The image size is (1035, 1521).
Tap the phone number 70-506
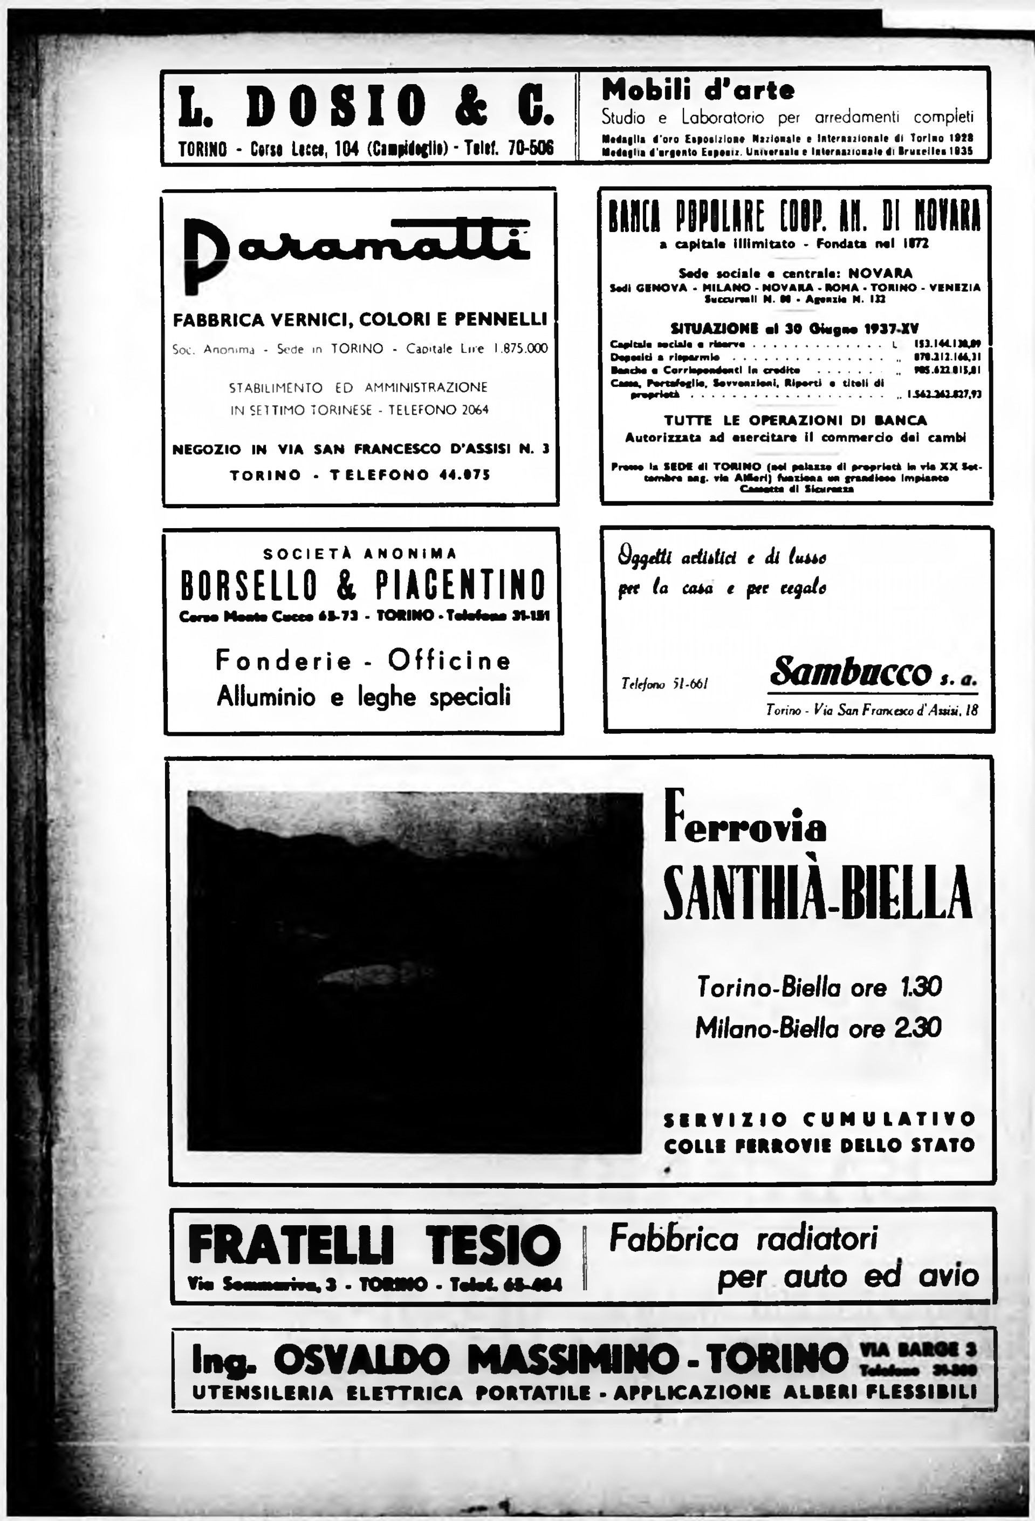tap(530, 148)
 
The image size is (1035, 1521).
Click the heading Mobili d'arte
tap(697, 90)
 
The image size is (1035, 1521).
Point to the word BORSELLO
tap(249, 584)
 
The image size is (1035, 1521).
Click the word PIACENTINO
tap(461, 584)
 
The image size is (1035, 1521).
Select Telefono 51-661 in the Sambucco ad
tap(664, 685)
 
